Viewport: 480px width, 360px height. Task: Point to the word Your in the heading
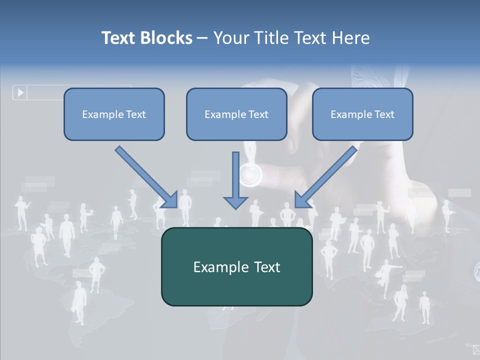(x=231, y=38)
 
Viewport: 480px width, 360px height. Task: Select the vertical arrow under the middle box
(x=235, y=175)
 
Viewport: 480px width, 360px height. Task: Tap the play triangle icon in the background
(x=20, y=92)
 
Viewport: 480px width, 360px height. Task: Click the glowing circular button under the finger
(x=250, y=174)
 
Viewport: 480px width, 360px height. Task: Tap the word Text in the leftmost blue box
(x=135, y=114)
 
